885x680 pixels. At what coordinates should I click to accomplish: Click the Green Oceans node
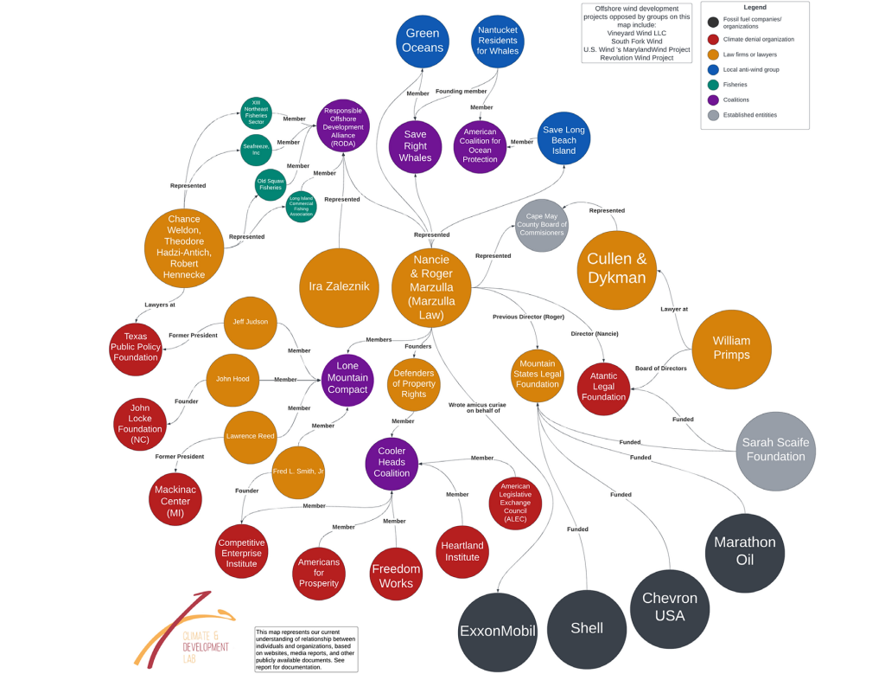click(423, 41)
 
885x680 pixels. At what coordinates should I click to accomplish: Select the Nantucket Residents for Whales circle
click(498, 41)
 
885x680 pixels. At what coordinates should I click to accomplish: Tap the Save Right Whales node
click(415, 146)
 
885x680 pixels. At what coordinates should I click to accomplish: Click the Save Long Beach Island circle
click(564, 138)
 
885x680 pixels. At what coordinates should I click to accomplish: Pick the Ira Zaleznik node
click(339, 286)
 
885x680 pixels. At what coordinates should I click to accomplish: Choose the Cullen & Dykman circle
click(616, 269)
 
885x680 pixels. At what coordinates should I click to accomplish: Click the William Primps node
click(731, 349)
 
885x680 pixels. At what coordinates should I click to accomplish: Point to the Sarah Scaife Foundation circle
click(775, 450)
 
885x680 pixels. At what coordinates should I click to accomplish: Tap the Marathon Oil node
click(744, 551)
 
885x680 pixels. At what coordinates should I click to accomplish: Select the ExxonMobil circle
click(498, 631)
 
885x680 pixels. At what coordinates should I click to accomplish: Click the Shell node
click(587, 629)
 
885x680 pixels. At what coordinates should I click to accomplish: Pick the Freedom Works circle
click(396, 574)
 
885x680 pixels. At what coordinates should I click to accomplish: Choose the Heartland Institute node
click(462, 551)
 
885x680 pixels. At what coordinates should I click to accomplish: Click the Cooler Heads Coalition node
click(392, 463)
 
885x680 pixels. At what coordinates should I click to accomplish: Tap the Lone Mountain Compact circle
click(347, 379)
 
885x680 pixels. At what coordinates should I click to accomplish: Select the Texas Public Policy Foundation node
click(136, 348)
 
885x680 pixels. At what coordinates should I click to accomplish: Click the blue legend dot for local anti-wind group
click(712, 70)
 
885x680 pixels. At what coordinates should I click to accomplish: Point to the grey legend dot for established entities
click(712, 115)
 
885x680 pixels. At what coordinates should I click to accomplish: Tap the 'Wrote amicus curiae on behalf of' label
click(477, 407)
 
